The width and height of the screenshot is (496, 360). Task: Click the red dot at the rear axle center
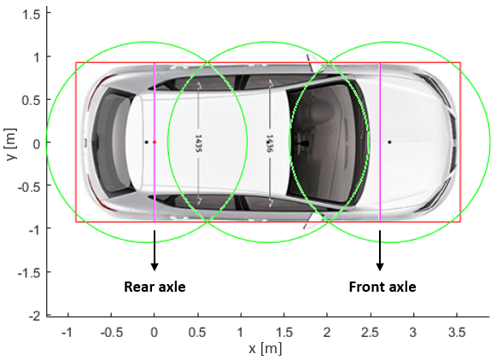155,142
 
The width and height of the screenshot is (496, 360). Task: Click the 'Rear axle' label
155,287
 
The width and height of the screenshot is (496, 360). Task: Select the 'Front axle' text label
382,287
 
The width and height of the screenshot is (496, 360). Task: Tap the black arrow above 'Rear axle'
155,250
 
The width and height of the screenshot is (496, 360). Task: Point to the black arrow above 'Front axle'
380,250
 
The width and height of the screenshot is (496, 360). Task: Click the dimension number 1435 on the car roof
198,144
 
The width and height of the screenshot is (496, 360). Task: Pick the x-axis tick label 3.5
457,333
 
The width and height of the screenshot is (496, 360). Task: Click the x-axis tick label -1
67,333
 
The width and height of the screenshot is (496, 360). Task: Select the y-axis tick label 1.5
32,14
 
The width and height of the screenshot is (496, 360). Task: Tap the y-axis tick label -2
35,316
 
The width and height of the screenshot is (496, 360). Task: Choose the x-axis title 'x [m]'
266,349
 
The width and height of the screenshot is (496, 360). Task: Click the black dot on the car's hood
389,142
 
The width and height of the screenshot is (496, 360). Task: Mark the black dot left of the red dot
147,142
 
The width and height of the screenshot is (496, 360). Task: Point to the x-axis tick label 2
327,333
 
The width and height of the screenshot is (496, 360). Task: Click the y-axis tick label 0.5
32,100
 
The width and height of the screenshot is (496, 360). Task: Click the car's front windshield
326,142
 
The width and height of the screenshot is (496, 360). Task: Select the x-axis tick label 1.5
284,333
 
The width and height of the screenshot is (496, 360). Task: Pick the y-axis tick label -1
35,229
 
